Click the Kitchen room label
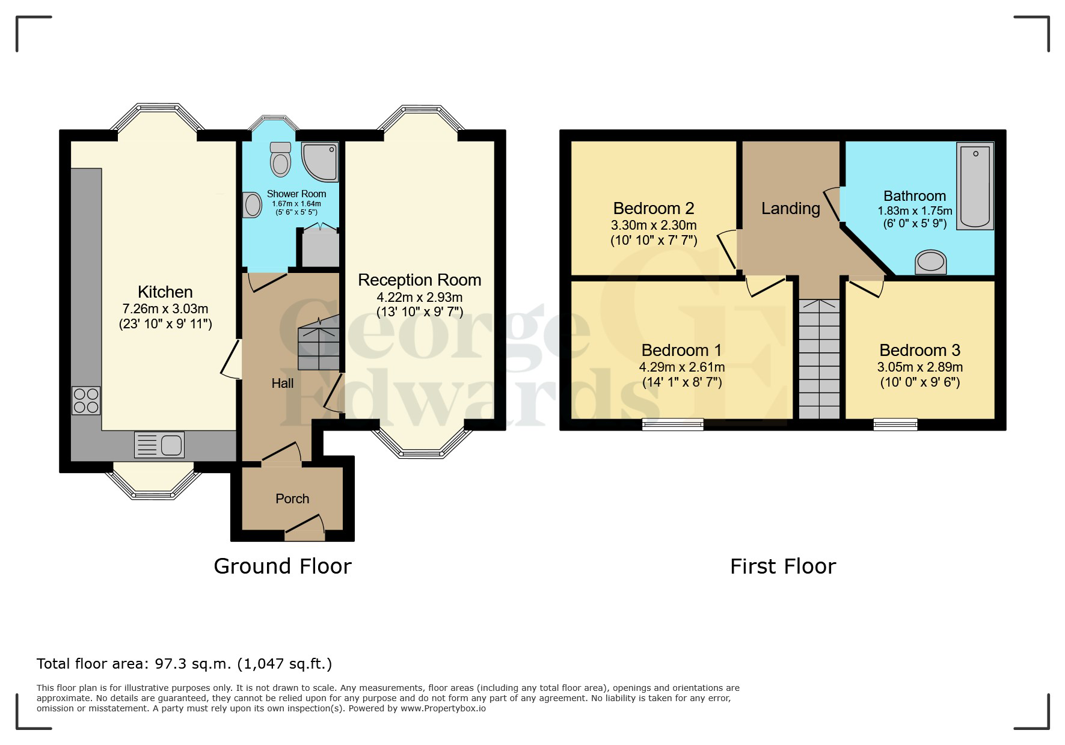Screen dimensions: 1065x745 [x=165, y=292]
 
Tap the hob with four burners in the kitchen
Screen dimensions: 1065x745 [x=86, y=400]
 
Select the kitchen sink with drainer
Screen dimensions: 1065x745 [x=159, y=445]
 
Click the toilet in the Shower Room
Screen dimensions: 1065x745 [x=280, y=159]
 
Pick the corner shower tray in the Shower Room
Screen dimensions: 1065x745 [x=321, y=161]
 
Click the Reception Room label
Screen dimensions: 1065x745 [x=420, y=280]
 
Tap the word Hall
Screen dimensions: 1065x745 [x=283, y=383]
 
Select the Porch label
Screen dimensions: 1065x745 [x=292, y=498]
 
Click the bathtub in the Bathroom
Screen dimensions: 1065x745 [x=975, y=186]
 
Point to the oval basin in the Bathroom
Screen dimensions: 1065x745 [x=930, y=262]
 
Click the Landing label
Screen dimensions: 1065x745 [x=791, y=209]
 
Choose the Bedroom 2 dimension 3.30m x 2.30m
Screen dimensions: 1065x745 [x=654, y=225]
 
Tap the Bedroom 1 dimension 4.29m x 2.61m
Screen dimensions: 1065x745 [x=682, y=367]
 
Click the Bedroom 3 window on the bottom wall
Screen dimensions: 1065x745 [x=895, y=425]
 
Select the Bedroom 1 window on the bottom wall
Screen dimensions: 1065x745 [x=673, y=425]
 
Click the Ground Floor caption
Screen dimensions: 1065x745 [x=283, y=566]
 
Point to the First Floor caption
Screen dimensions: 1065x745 [x=783, y=566]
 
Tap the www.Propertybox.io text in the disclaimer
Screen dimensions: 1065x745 [x=443, y=708]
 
